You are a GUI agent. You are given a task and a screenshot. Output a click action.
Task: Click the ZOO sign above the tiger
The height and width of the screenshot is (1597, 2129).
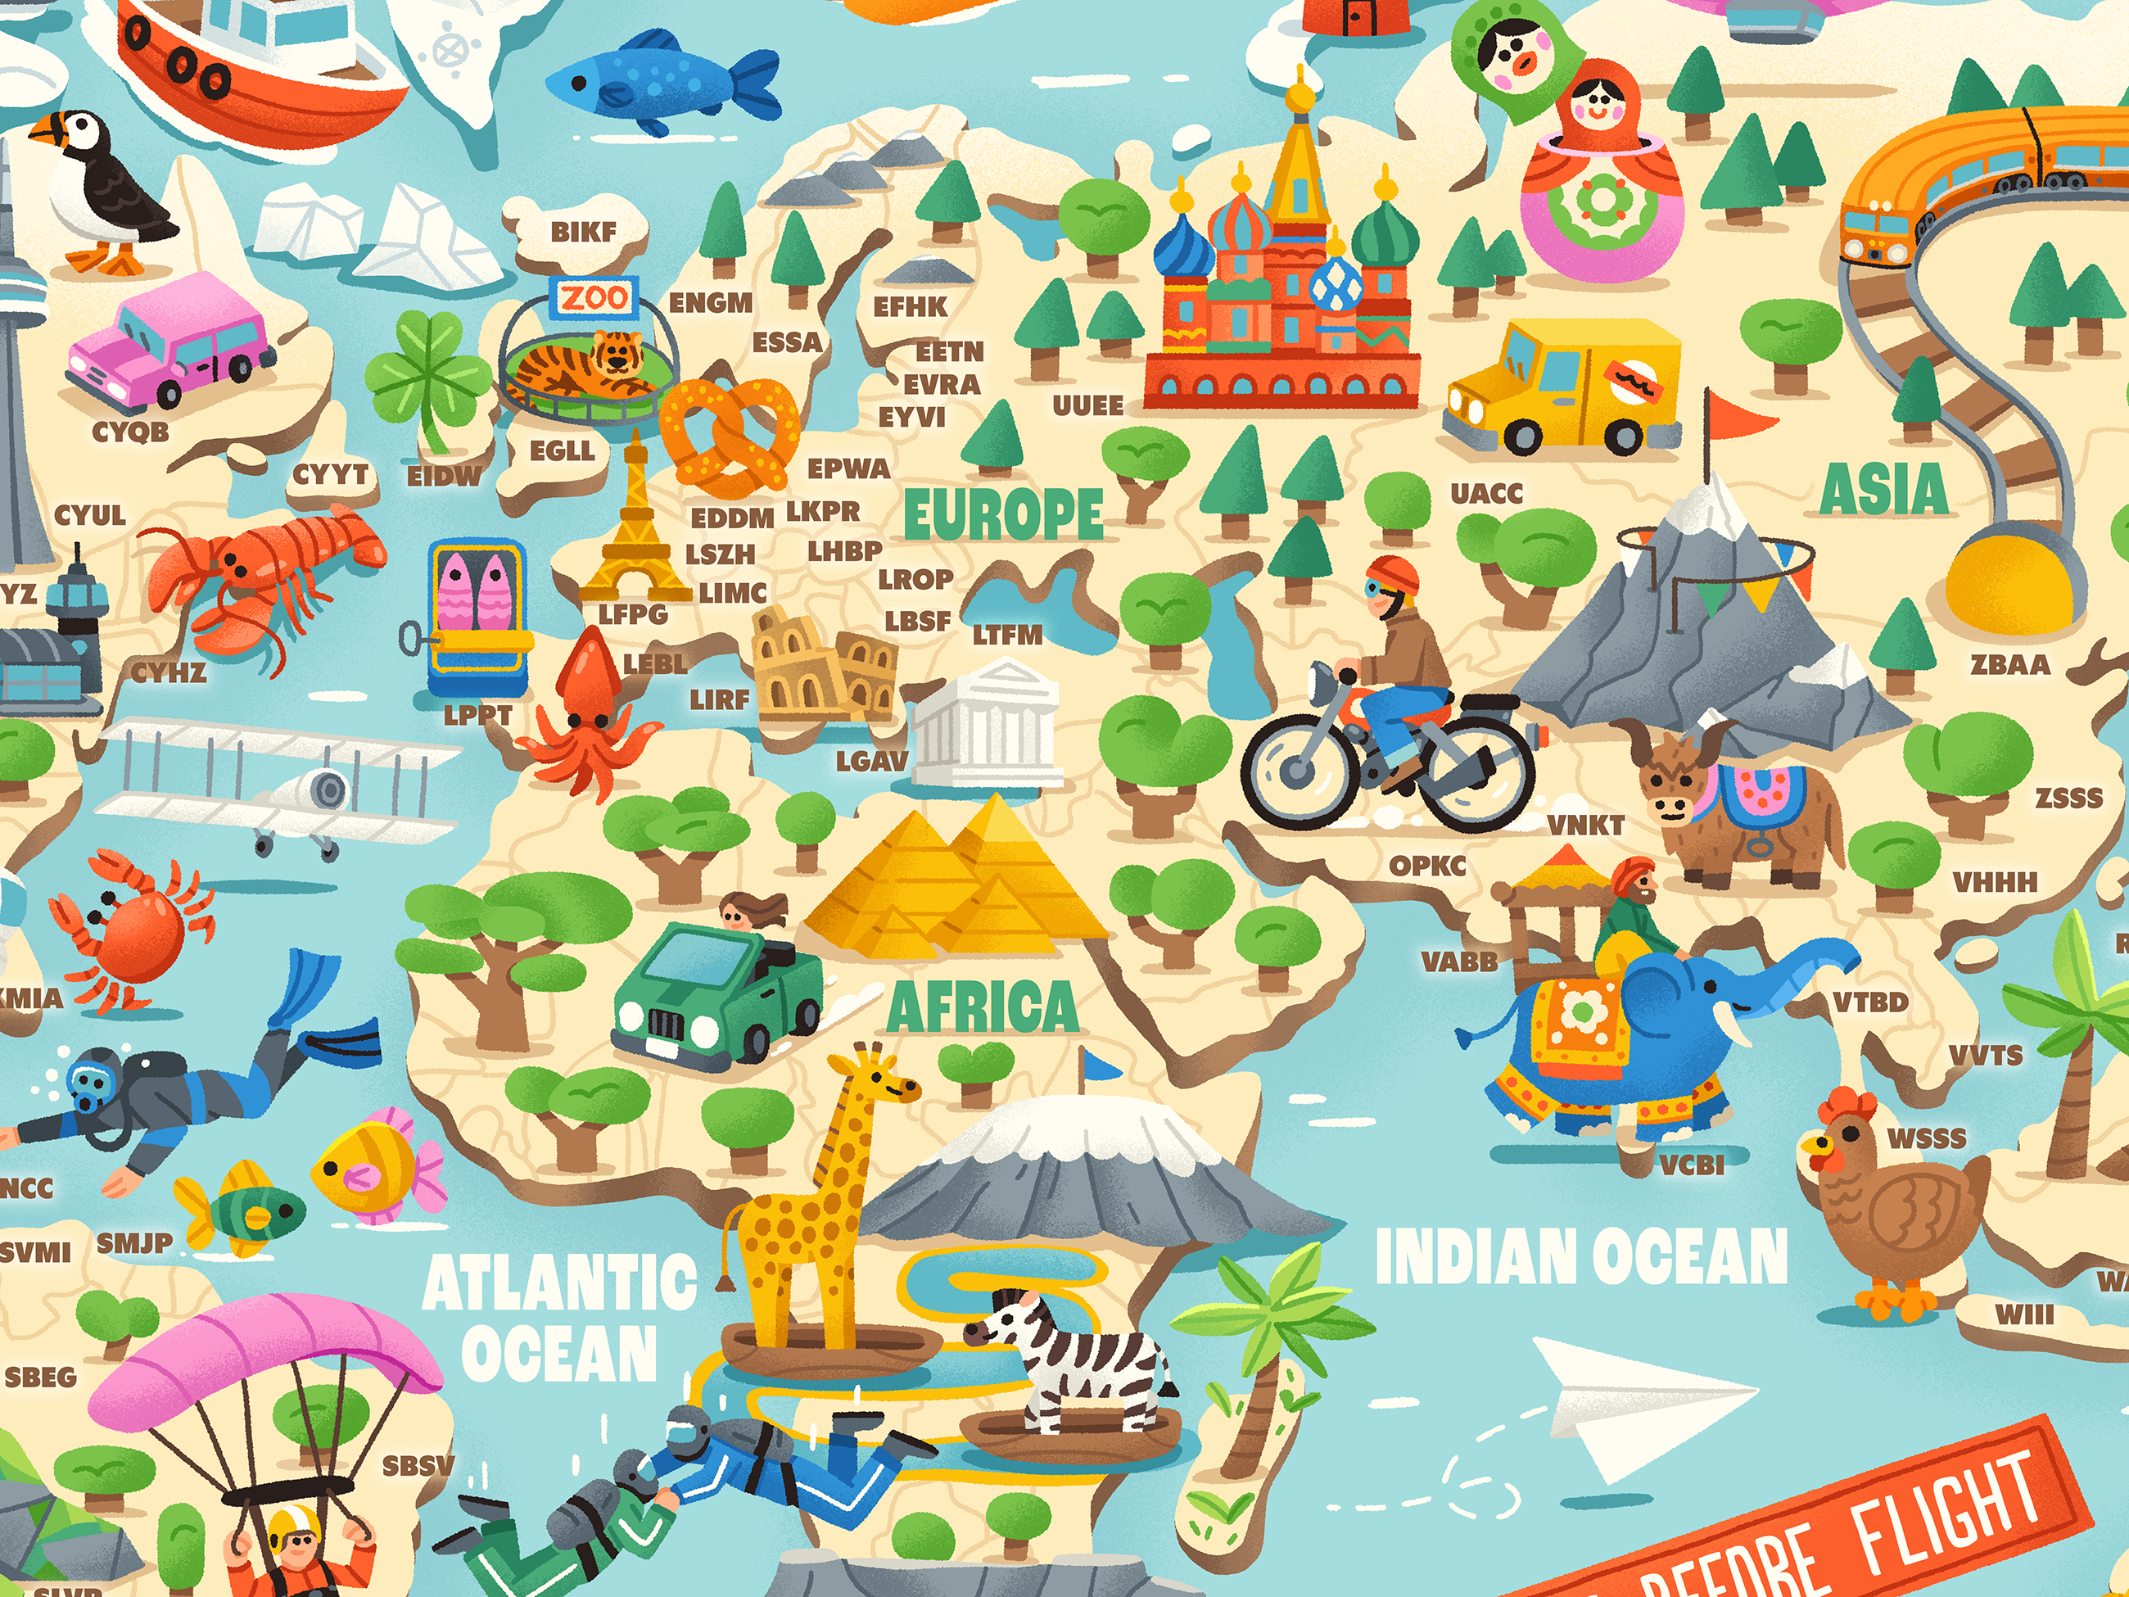coord(594,298)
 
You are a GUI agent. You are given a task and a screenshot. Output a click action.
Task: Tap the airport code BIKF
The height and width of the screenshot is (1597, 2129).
coord(583,232)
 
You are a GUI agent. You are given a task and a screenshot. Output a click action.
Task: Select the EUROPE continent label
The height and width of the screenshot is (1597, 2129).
coord(1003,514)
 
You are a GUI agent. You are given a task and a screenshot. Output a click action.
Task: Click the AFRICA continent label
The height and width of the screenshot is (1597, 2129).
coord(982,1007)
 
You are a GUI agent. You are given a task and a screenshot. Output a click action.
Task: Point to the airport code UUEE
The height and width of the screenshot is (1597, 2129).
coord(1087,405)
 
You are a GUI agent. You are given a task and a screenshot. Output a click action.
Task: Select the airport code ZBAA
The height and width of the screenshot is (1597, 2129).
coord(2009,664)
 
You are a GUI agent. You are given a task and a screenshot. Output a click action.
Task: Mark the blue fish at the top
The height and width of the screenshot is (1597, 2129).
coord(664,82)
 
